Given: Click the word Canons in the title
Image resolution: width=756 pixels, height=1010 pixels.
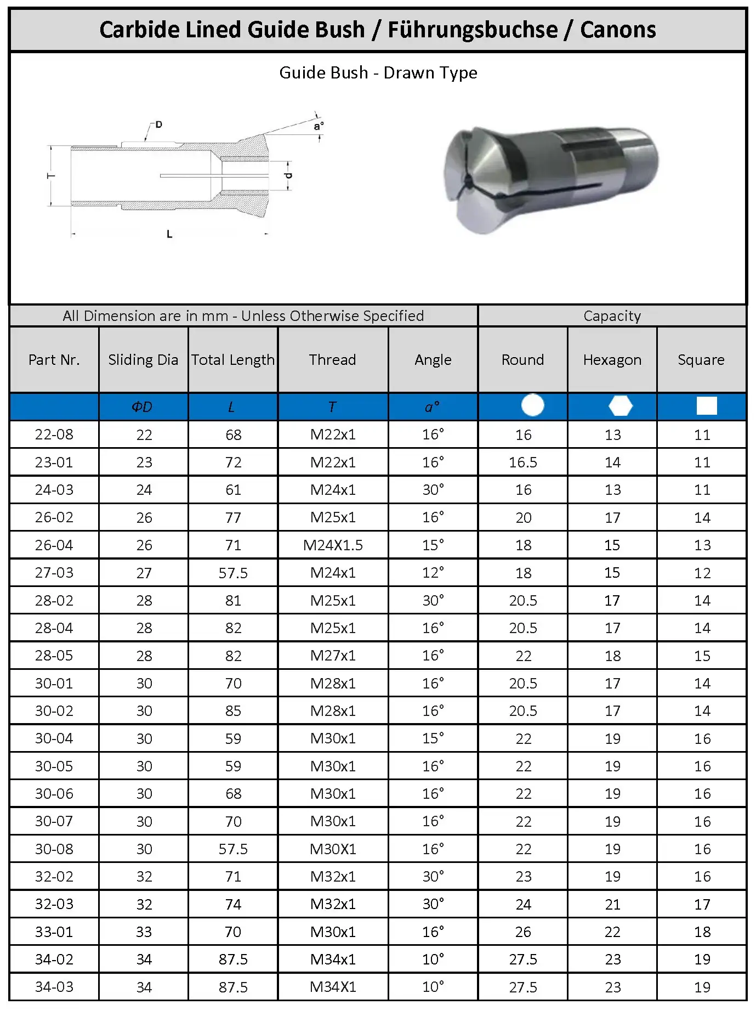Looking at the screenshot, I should (618, 30).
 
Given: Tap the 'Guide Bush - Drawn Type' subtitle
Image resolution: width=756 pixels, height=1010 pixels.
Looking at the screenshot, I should (378, 72).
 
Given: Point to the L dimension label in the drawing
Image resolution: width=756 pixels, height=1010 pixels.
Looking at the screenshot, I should (169, 234).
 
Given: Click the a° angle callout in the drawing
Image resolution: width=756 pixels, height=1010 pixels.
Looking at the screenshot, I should (319, 126).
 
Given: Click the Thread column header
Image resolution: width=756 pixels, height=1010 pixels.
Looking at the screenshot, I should (332, 360).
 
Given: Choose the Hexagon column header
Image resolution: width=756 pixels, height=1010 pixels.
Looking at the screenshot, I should (612, 360).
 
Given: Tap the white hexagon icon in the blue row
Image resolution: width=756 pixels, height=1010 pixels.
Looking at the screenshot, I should (621, 406).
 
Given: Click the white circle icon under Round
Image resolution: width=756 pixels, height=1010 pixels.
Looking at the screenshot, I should (532, 405).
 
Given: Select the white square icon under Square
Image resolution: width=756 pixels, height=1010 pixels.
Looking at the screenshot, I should (706, 406).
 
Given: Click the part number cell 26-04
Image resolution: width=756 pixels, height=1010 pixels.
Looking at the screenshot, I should (54, 545).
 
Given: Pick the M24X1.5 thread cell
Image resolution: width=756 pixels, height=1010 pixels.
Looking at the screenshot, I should (333, 545).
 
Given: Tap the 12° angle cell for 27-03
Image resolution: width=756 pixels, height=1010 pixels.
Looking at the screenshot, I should (433, 573).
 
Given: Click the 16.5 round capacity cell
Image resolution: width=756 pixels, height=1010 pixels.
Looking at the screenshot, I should (523, 462).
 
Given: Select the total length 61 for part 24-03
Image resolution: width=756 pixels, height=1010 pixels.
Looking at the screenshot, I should (233, 490).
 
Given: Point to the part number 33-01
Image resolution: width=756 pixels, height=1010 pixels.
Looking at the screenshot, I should (54, 932).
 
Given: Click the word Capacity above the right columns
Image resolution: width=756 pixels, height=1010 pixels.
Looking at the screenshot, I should (612, 316).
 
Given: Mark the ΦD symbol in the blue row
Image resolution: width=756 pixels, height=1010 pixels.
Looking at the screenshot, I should (142, 407).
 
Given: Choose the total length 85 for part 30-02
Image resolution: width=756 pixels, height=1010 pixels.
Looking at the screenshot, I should (233, 711).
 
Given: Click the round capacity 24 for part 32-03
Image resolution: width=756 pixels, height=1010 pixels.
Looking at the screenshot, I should (523, 904).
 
